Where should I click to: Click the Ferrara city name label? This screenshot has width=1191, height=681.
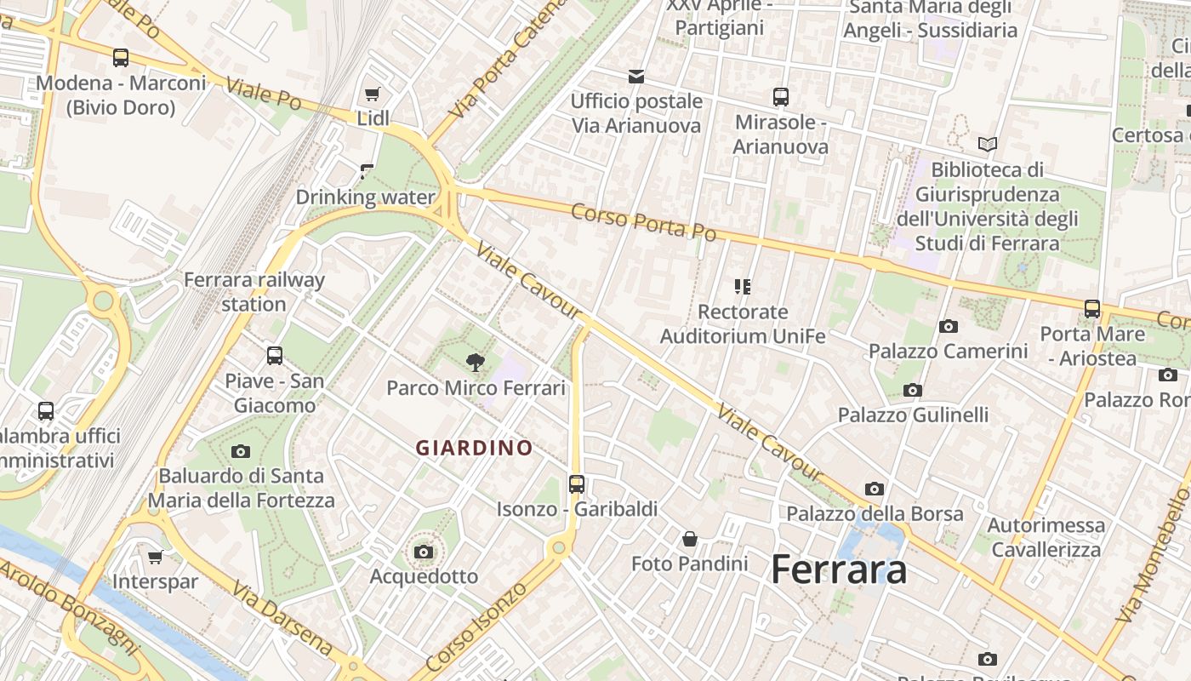point(838,570)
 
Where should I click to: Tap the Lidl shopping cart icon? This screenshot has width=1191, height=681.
point(372,94)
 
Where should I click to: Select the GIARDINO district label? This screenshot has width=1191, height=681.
point(474,448)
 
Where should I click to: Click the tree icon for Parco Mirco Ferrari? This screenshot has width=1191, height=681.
point(476,363)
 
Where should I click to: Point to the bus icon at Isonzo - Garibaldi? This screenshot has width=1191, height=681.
point(577,484)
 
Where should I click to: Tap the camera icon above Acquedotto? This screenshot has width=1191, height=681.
point(424,552)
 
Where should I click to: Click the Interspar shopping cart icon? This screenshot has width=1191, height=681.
point(155,557)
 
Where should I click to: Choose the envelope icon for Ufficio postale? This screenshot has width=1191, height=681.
point(635,77)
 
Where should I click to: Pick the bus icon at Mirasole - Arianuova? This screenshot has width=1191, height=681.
point(781,97)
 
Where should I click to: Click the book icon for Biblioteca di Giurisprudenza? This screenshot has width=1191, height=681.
point(987,145)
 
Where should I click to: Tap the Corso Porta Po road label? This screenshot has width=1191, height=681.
point(643,221)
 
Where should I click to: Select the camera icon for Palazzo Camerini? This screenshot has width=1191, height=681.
point(948,326)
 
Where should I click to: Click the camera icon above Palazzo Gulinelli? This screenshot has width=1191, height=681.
point(913,391)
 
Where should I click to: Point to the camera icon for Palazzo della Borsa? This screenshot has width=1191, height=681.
point(875,489)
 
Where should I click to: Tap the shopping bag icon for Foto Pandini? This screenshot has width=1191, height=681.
point(690,539)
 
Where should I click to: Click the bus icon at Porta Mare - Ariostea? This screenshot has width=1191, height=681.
point(1092,309)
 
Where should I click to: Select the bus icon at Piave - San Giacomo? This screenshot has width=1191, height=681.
point(274,356)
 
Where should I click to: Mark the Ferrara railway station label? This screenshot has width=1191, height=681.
point(254,292)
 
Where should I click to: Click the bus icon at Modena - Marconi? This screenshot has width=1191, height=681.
point(121,58)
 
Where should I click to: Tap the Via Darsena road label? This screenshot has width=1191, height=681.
point(282,619)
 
